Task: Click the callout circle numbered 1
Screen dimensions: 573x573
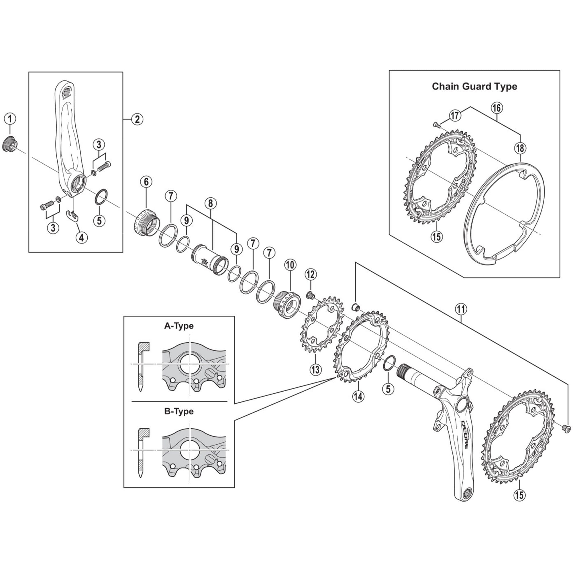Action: (10, 119)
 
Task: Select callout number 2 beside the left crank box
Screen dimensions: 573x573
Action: (137, 119)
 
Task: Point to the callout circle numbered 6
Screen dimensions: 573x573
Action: (146, 182)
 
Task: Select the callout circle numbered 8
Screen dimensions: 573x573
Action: (211, 203)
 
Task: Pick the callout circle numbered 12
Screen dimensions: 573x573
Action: (311, 275)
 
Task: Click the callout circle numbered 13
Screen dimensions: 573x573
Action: (315, 369)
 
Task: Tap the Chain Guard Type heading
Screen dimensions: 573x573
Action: (474, 86)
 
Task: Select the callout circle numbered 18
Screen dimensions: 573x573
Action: (520, 148)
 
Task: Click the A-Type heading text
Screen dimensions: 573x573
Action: (178, 326)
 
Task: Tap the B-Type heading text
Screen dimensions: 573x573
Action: (178, 411)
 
